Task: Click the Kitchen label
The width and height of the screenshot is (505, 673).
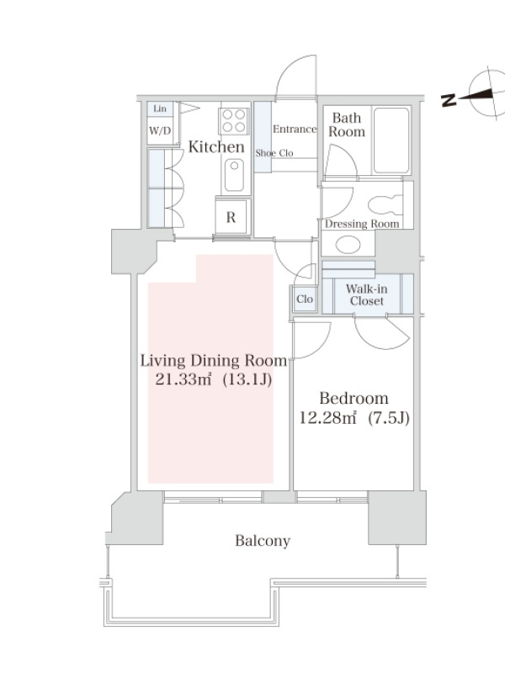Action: click(x=216, y=146)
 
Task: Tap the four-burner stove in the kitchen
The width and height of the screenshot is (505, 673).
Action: click(x=234, y=120)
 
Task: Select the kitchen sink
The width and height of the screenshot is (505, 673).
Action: click(x=234, y=175)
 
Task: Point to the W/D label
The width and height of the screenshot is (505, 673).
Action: click(x=160, y=130)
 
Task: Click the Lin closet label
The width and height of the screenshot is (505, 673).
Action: click(x=160, y=109)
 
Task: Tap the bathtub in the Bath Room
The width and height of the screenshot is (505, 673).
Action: click(x=391, y=140)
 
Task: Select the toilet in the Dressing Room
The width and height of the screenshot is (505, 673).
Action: click(x=385, y=205)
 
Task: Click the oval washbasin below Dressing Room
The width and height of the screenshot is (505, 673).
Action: click(x=348, y=245)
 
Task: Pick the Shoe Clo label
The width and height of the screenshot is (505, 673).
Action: click(x=274, y=153)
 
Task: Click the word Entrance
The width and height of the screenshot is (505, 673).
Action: click(x=295, y=129)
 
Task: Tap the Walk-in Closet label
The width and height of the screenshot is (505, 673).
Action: click(x=367, y=295)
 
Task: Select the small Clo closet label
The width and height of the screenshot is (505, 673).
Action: click(x=305, y=299)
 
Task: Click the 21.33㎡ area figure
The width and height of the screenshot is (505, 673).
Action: click(x=183, y=379)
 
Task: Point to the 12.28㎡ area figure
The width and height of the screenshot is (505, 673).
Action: click(x=327, y=417)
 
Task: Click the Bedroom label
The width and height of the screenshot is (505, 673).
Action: click(x=353, y=398)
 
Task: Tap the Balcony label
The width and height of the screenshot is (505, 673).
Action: click(x=263, y=541)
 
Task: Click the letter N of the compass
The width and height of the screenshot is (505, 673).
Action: click(x=449, y=99)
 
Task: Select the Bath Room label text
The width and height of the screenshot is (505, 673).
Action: click(x=347, y=125)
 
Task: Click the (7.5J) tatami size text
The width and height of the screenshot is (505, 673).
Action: click(x=389, y=417)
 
